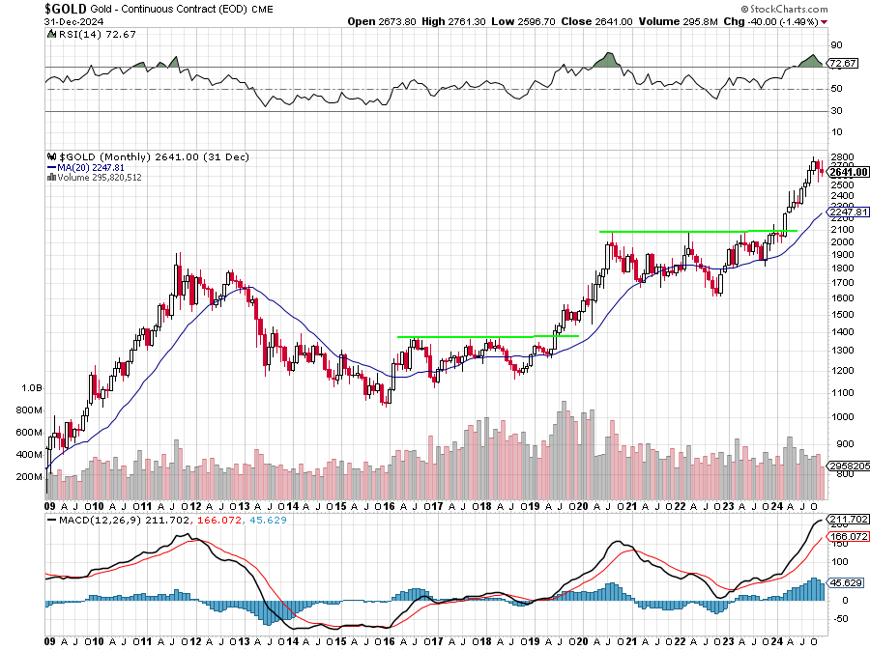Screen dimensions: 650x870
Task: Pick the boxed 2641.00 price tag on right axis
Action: tap(849, 172)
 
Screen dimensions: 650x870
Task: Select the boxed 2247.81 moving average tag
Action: tap(849, 212)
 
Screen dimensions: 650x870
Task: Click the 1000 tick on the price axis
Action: tap(841, 417)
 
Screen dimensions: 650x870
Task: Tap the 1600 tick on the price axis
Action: tap(841, 298)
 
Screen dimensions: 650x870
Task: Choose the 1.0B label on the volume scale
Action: tap(30, 387)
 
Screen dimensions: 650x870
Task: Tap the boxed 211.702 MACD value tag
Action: tap(849, 519)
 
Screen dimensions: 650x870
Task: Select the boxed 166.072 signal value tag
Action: tap(849, 536)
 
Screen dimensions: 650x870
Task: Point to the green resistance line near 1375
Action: tap(483, 336)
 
